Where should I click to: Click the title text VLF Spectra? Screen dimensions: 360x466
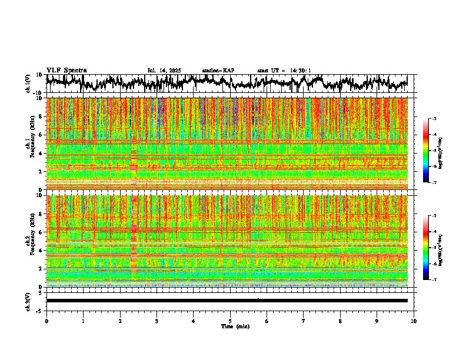[66, 71]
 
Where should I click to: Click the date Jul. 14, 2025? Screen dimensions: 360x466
[164, 71]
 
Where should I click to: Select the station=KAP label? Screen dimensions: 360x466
[218, 71]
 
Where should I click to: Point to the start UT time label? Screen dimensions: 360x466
[284, 71]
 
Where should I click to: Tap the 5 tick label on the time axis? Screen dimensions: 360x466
[230, 321]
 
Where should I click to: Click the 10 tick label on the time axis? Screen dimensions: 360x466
[414, 321]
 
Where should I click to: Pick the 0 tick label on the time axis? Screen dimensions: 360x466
[46, 321]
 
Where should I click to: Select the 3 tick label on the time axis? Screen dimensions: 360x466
[157, 321]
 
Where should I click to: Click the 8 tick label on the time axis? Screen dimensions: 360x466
[340, 321]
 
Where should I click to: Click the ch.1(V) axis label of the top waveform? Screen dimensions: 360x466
[28, 84]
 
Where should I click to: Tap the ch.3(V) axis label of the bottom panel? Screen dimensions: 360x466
[28, 300]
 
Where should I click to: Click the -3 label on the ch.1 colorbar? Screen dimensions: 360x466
[433, 119]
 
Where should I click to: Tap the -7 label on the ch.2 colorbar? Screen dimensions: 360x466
[433, 280]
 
